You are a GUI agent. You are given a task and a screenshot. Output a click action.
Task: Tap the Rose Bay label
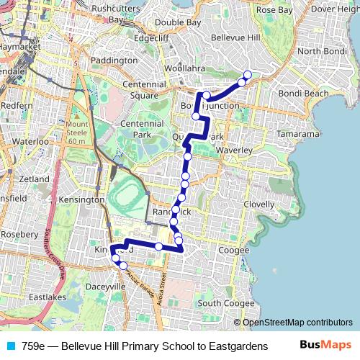click(274, 10)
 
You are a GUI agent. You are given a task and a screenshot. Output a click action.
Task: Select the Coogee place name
click(233, 250)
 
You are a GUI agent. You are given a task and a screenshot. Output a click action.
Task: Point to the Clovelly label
click(258, 204)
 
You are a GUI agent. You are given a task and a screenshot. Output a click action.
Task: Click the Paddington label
click(115, 60)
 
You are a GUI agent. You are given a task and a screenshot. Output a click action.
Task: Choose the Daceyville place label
click(106, 286)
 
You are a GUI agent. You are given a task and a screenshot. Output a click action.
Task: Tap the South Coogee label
click(225, 303)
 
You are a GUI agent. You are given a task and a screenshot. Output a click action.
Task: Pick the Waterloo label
click(30, 142)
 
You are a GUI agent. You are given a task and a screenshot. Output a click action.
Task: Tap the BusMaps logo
click(326, 345)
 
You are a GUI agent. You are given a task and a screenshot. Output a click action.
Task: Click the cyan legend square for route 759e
click(9, 346)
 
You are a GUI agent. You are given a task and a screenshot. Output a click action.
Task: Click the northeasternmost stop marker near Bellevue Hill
click(248, 75)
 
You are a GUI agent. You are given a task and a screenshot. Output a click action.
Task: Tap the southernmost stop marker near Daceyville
click(123, 266)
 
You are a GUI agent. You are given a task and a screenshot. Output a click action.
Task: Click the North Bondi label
click(322, 51)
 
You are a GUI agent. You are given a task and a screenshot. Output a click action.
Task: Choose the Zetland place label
click(35, 179)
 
